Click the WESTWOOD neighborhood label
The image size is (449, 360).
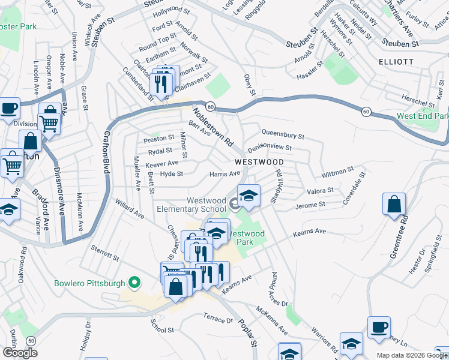click(259, 162)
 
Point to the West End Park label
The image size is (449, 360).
click(423, 116)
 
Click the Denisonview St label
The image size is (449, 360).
click(270, 147)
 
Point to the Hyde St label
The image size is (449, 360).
click(171, 174)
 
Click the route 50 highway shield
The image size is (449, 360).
click(31, 340)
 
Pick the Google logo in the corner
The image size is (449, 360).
click(20, 352)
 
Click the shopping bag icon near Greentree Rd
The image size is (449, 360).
click(394, 204)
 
